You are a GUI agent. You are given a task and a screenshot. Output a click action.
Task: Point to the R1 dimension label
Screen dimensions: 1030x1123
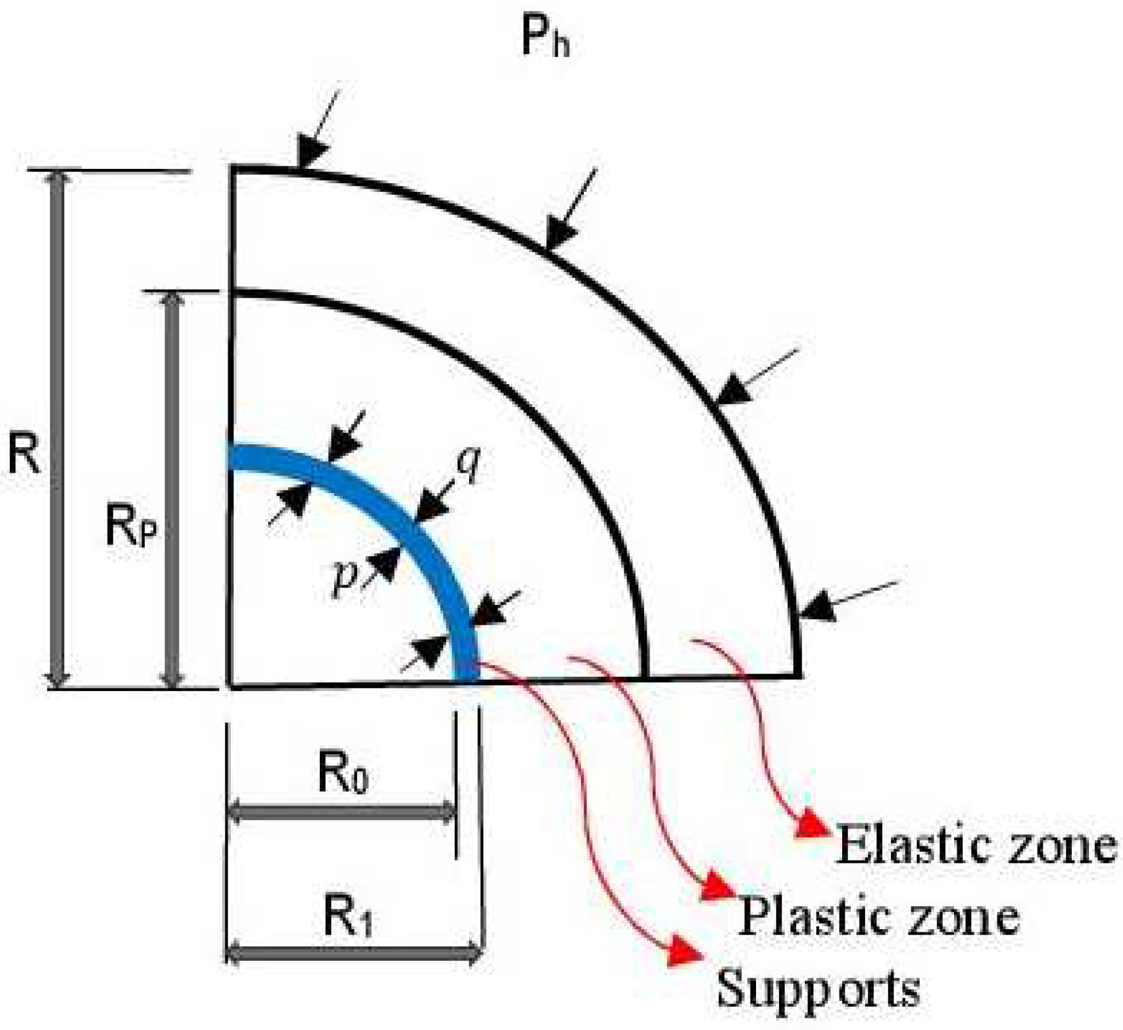pos(348,918)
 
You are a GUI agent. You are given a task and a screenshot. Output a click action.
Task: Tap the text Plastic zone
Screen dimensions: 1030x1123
pos(879,916)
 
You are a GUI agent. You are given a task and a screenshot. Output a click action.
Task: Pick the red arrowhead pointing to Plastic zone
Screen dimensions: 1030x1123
pos(718,887)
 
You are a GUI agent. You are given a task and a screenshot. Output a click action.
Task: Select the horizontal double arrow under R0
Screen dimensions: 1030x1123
pos(342,812)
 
